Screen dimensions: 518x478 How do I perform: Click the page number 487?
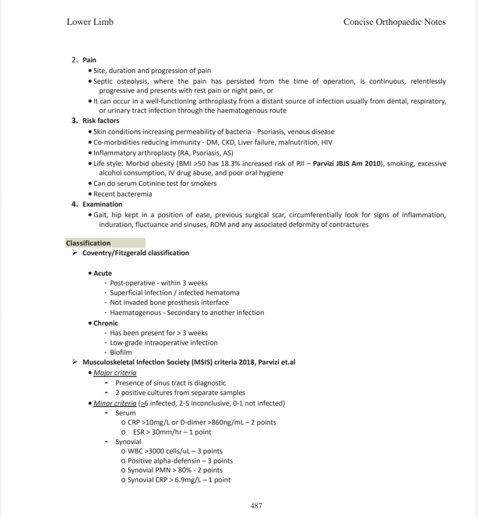pos(256,505)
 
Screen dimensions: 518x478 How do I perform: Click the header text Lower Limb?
pos(90,22)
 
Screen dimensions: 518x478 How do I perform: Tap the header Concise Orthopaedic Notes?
pos(394,22)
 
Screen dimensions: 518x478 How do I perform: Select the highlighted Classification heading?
pos(88,243)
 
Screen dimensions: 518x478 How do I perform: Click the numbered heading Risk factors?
pos(101,121)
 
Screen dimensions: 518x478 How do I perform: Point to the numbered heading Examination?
pos(102,204)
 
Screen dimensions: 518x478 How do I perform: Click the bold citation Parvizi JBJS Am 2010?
pos(346,164)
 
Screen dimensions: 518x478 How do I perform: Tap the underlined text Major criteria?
pos(115,373)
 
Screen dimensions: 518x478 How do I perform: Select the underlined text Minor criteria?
pos(115,403)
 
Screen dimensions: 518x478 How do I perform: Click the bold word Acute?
pos(103,273)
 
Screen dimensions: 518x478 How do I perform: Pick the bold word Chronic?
pos(106,323)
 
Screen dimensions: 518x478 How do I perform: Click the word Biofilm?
pos(121,352)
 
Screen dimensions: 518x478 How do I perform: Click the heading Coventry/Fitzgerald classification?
pos(136,253)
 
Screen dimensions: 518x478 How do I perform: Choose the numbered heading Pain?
pos(89,60)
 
